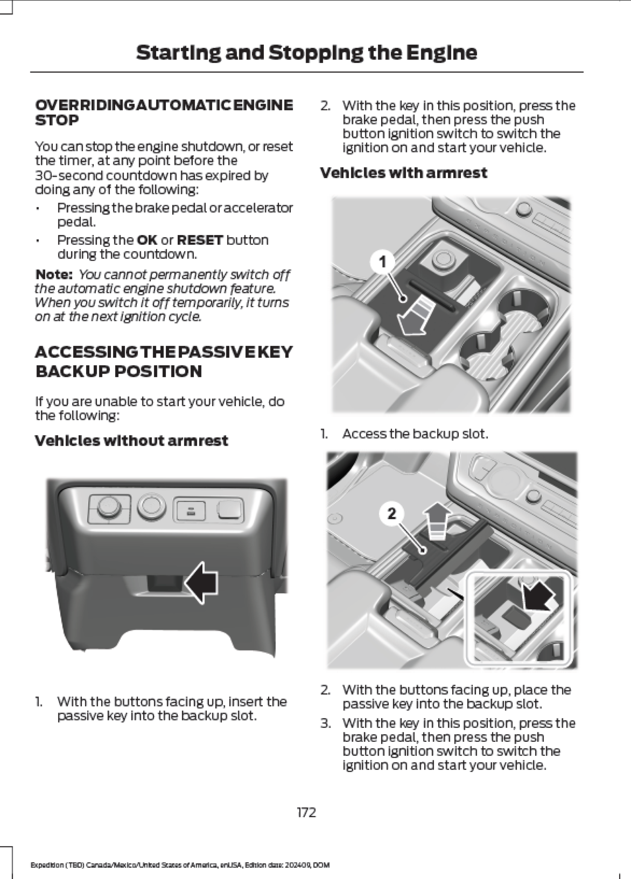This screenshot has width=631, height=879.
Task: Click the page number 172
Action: pos(306,812)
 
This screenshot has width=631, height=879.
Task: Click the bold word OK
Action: pos(147,240)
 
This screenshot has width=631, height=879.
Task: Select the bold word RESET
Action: pos(200,240)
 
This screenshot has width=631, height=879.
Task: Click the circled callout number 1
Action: pos(382,262)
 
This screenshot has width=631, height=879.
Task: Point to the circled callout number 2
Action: pos(391,513)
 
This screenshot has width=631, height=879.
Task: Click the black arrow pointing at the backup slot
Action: pos(202,582)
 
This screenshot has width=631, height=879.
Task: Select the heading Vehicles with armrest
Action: pos(403,173)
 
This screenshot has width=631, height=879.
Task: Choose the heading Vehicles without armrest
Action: pos(131,441)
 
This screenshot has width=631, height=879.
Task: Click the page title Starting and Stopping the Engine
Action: pos(306,53)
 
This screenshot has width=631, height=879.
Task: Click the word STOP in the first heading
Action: pos(57,120)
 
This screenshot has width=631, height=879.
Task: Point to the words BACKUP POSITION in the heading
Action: pos(118,371)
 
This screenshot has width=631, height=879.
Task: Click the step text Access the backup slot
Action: pos(415,434)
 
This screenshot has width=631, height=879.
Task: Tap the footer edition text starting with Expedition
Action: pos(180,865)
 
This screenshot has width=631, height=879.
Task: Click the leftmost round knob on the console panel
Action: pos(108,508)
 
